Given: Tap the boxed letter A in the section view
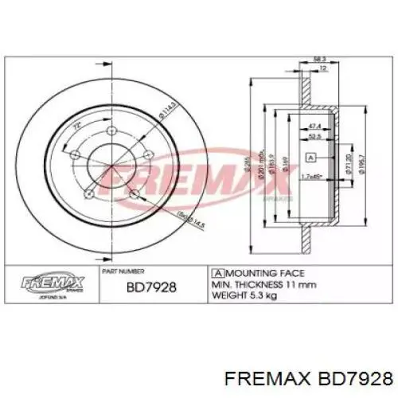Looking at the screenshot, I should coord(311,155).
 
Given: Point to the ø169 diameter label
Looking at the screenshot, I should coord(284,164).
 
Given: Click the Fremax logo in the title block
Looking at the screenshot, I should coord(52,280).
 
